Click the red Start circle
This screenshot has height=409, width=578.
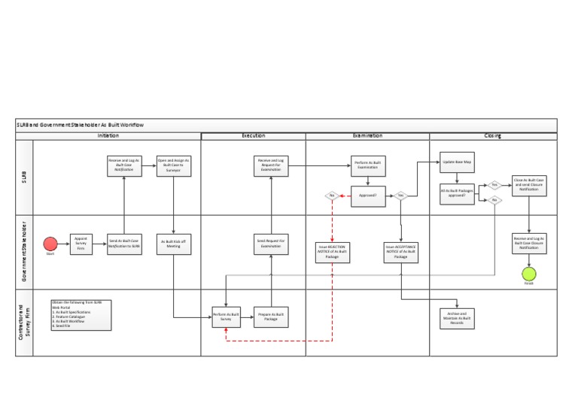pyautogui.click(x=50, y=244)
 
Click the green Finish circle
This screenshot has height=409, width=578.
pyautogui.click(x=529, y=274)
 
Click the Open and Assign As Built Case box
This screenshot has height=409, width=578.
pyautogui.click(x=174, y=165)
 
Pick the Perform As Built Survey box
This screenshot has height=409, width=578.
pyautogui.click(x=226, y=317)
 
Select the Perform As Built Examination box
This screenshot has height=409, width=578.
pyautogui.click(x=369, y=165)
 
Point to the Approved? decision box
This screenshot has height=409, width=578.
pyautogui.click(x=369, y=195)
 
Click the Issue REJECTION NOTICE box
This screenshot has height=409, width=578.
pyautogui.click(x=331, y=252)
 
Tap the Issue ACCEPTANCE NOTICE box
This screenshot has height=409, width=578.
pyautogui.click(x=400, y=252)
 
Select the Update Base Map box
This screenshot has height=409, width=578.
pyautogui.click(x=458, y=162)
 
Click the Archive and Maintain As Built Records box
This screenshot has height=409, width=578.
pyautogui.click(x=458, y=318)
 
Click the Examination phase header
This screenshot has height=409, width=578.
pyautogui.click(x=367, y=136)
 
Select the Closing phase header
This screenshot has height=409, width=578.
pyautogui.click(x=493, y=136)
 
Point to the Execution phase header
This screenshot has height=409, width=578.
pyautogui.click(x=253, y=136)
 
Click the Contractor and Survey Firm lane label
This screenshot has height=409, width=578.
pyautogui.click(x=25, y=323)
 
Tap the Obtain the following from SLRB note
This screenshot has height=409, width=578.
pyautogui.click(x=81, y=315)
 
